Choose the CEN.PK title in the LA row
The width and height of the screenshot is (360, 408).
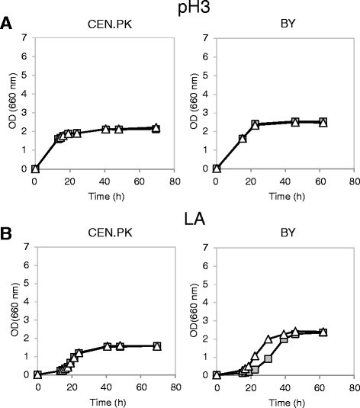click(92, 233)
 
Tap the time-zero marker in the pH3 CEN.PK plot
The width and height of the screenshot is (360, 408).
click(35, 169)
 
